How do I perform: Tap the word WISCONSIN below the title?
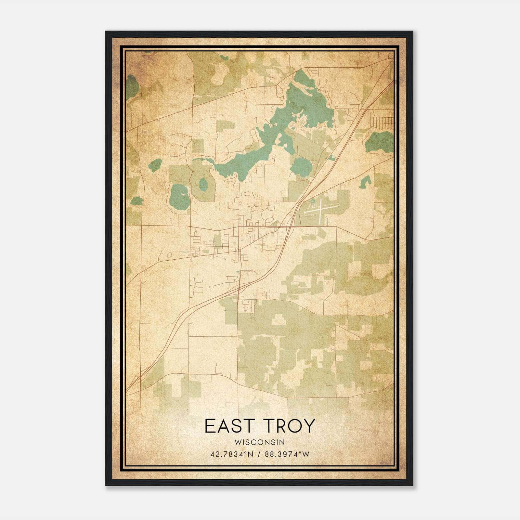260,442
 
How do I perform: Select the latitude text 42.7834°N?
231,454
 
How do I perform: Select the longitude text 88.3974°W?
287,454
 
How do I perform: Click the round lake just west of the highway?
301,166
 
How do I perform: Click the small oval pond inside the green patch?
203,184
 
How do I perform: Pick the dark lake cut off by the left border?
132,87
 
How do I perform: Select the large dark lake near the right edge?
379,142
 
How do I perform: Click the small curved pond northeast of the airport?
365,182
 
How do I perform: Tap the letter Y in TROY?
309,426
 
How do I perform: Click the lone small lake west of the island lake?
155,165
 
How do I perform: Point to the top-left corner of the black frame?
106,32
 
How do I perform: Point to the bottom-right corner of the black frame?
413,485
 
